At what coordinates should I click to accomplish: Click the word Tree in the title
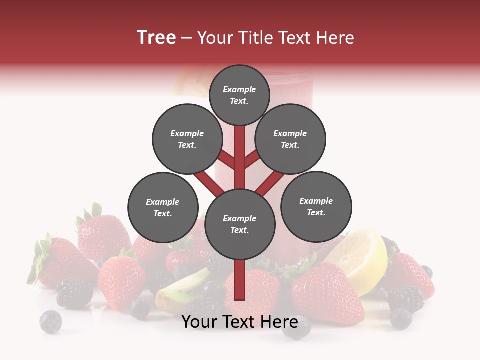point(156,38)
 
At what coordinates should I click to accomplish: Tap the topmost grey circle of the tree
point(239,95)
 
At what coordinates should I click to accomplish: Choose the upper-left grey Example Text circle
point(187,139)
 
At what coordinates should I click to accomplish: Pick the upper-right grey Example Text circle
point(290,139)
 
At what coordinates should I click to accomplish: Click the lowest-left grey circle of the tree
point(163,207)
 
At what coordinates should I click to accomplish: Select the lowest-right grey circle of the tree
point(316,206)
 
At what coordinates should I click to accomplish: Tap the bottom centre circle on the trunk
point(239,224)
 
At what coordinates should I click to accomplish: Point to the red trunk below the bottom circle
point(239,280)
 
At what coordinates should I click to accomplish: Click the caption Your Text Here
point(239,322)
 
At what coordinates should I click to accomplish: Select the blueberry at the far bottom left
point(50,321)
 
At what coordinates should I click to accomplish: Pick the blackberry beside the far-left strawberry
point(74,293)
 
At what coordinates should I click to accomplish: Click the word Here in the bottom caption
point(279,322)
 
